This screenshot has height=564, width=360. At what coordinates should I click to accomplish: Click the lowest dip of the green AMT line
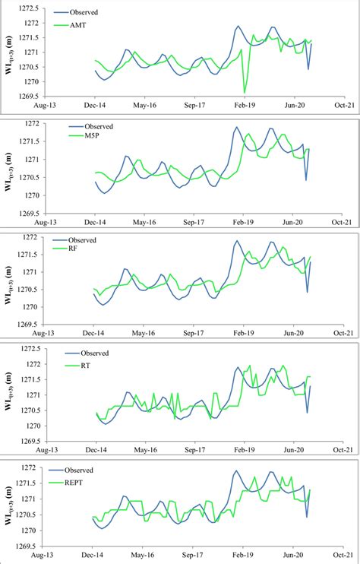[245, 93]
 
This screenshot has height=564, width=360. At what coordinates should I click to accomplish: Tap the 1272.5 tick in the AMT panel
[30, 8]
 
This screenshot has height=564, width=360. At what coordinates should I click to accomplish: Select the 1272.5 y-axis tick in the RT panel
[30, 348]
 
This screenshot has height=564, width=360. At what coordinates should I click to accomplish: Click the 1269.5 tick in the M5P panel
[30, 214]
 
